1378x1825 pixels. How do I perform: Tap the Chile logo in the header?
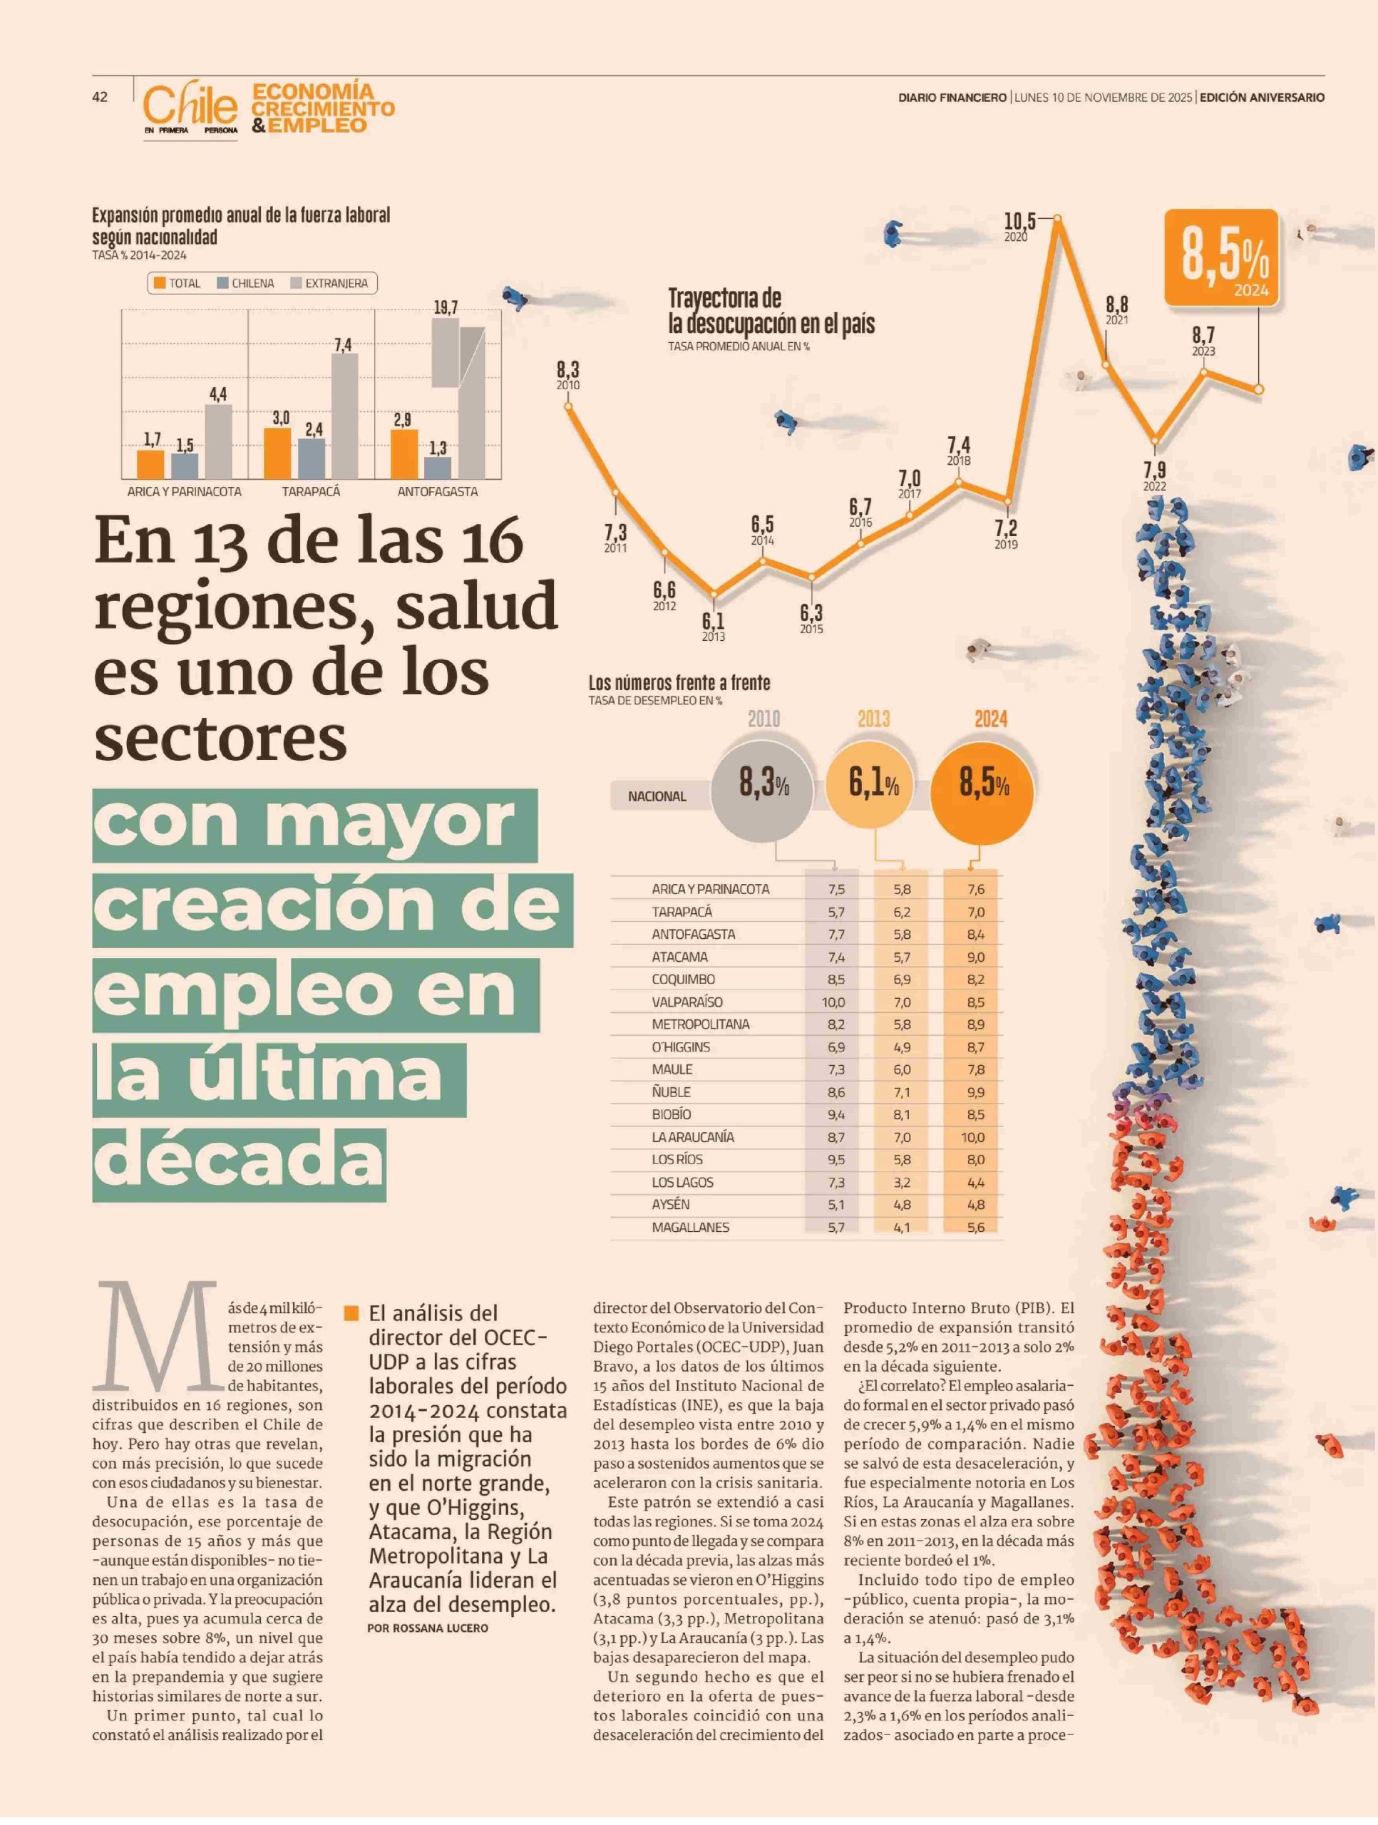pyautogui.click(x=190, y=109)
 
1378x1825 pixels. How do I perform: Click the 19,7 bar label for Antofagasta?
pyautogui.click(x=446, y=308)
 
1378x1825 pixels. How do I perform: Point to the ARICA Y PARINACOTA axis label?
pyautogui.click(x=184, y=492)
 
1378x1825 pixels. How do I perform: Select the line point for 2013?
pyautogui.click(x=714, y=593)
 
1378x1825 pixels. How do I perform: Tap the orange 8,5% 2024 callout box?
pyautogui.click(x=1221, y=258)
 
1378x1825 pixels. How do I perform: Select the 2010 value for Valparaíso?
pyautogui.click(x=833, y=1002)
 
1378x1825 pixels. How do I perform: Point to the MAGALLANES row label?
pyautogui.click(x=691, y=1227)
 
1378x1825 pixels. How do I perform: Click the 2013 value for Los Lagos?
pyautogui.click(x=902, y=1182)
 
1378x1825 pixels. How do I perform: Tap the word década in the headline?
pyautogui.click(x=240, y=1158)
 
